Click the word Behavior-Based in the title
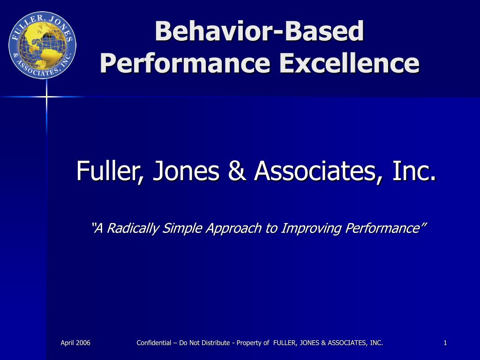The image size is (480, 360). tap(259, 31)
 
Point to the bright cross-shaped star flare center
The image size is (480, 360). tap(46, 97)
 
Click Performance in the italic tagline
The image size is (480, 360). tap(382, 228)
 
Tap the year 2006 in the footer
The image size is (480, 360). tap(82, 343)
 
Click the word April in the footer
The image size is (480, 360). tap(67, 343)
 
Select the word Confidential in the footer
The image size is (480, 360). tap(154, 343)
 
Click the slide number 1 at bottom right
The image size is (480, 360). tap(445, 343)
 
